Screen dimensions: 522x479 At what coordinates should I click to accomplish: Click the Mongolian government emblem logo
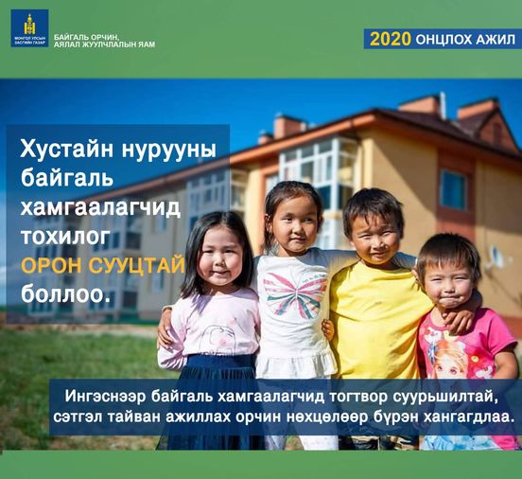pos(29,28)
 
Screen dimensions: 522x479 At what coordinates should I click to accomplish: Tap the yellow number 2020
pos(391,40)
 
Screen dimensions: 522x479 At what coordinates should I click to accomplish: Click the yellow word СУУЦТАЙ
pos(137,266)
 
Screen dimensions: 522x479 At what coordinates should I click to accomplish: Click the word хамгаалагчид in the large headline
pos(100,208)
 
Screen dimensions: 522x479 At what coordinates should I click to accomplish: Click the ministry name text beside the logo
pos(104,41)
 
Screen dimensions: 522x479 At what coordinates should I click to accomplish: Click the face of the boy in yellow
pos(374,239)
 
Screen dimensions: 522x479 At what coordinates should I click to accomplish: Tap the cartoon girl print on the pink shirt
pos(452,359)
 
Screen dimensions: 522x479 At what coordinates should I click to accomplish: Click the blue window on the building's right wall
pos(453,189)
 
